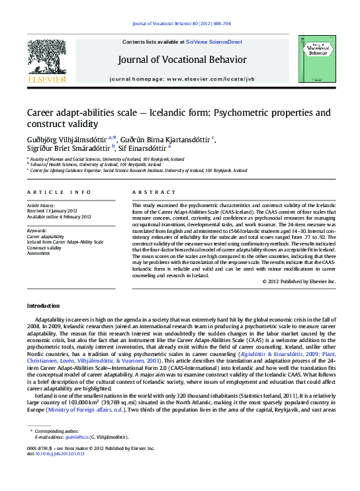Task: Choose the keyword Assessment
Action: click(x=38, y=253)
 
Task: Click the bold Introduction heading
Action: click(x=43, y=306)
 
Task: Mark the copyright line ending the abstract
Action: click(x=299, y=281)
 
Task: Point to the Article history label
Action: click(x=40, y=206)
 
